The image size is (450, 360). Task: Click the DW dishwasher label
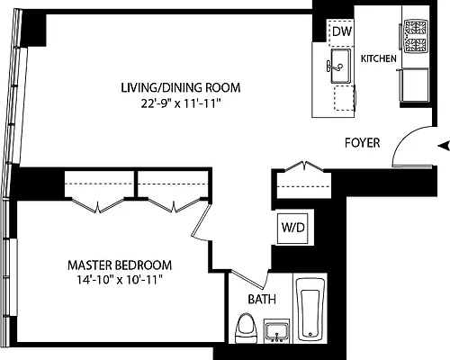click(x=340, y=32)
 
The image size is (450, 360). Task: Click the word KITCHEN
click(x=379, y=58)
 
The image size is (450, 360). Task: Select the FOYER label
click(x=363, y=143)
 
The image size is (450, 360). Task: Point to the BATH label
click(x=262, y=300)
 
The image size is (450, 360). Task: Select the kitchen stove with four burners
click(x=415, y=40)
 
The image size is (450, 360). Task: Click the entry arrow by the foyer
click(x=441, y=145)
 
